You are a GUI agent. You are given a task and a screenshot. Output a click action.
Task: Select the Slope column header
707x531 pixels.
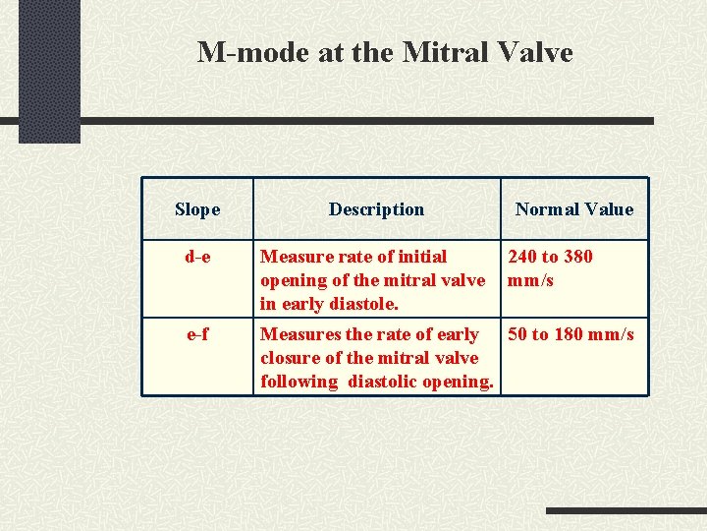coord(197,208)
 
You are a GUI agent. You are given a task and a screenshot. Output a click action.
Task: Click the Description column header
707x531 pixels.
coord(376,208)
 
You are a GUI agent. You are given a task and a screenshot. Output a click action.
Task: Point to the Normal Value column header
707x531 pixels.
coord(574,208)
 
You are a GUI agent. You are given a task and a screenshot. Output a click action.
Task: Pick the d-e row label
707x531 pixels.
coord(197,257)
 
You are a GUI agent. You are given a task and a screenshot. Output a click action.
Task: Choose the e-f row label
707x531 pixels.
coord(197,334)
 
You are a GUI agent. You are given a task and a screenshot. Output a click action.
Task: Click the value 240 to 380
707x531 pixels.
coord(550,257)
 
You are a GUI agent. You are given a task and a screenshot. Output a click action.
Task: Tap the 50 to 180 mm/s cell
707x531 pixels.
coord(571,334)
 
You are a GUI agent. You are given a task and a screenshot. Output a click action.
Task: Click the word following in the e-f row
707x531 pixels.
coord(299,382)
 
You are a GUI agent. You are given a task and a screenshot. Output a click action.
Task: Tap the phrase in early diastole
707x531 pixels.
coord(329,304)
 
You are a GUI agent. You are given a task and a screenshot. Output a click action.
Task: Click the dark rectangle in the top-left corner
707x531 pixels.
coord(49,69)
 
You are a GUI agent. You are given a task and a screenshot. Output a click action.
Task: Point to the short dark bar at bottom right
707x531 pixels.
coord(625,511)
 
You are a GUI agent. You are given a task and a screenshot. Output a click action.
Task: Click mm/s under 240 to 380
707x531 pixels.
coord(530,280)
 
